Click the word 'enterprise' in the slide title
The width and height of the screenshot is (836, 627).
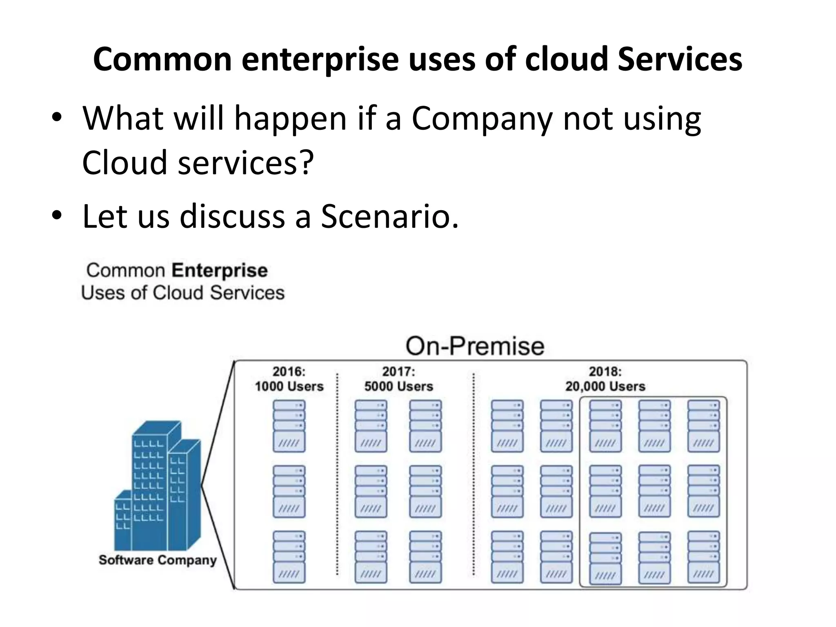pos(320,60)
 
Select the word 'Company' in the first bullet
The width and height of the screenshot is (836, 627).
pos(482,119)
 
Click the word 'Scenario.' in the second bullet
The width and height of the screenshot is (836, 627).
pos(390,216)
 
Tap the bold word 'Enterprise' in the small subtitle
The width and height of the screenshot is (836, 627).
pos(220,271)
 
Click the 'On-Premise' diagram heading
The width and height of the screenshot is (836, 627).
pos(475,346)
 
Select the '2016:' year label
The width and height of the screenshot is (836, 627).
pos(289,371)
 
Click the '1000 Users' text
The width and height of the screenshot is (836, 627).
pos(289,386)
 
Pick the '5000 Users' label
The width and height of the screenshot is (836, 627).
pos(398,386)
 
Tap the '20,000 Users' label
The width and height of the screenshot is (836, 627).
pos(605,386)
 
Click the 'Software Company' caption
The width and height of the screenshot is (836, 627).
pos(157,560)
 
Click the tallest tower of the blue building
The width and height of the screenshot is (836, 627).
pos(151,482)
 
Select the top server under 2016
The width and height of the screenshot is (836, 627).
pos(289,426)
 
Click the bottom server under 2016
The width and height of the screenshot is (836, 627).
pos(289,557)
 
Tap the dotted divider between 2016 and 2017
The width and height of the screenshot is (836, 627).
pos(337,474)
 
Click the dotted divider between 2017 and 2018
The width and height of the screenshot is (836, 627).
pos(474,474)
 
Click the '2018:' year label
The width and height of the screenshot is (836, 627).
pos(605,371)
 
